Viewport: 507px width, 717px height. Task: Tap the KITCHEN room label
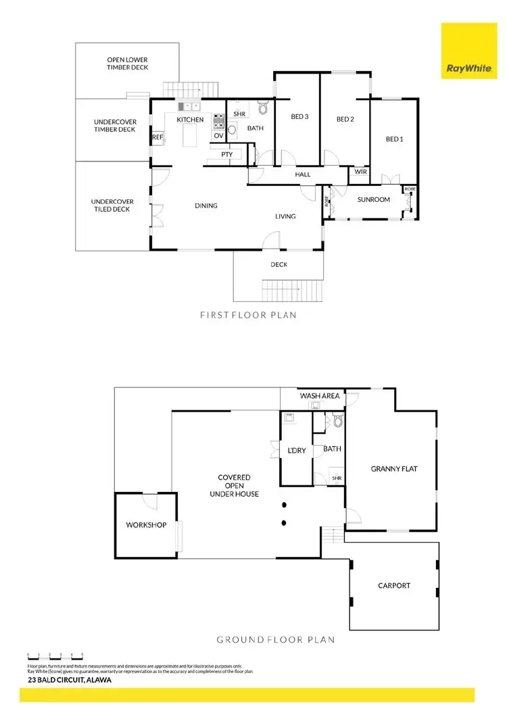click(x=190, y=120)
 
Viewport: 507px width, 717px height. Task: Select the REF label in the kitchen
click(x=158, y=137)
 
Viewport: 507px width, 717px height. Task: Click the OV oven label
click(x=218, y=136)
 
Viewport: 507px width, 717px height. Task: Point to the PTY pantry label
click(x=226, y=155)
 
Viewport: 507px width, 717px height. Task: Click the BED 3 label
click(x=299, y=117)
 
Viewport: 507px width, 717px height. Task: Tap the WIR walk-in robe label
click(x=360, y=172)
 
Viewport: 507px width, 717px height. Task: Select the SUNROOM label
click(x=374, y=199)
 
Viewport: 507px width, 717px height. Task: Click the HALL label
click(x=303, y=175)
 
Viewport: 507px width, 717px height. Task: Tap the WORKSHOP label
click(x=146, y=525)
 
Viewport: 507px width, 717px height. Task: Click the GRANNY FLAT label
click(x=390, y=468)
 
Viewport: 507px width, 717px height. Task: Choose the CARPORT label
click(x=393, y=586)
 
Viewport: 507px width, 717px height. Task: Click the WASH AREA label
click(x=319, y=395)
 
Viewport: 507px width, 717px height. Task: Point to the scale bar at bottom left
click(x=55, y=656)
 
